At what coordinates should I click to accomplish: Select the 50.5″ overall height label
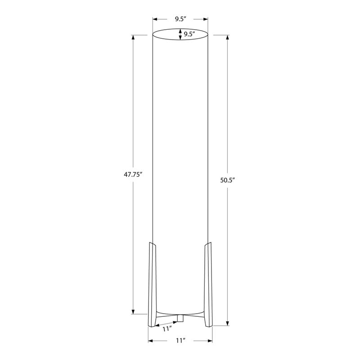228,180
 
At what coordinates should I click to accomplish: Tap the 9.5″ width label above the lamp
180,19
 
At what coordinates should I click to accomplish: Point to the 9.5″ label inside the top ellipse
189,34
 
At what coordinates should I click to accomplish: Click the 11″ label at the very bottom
180,341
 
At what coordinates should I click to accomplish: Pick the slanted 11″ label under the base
167,329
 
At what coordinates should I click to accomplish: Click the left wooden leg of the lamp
152,284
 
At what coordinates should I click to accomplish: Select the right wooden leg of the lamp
208,284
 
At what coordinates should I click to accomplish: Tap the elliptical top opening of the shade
180,29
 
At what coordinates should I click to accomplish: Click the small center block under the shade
180,318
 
